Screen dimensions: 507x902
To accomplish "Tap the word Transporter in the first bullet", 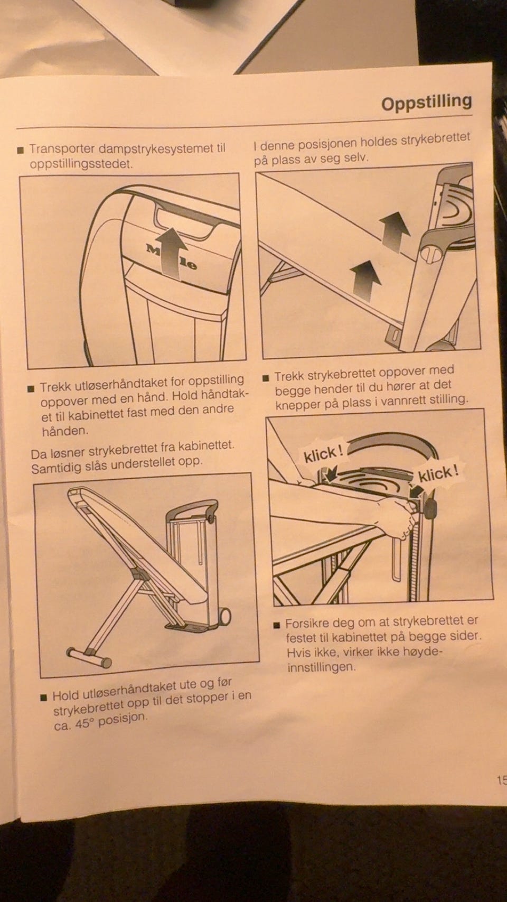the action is pyautogui.click(x=61, y=150).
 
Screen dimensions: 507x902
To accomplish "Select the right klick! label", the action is pyautogui.click(x=438, y=474).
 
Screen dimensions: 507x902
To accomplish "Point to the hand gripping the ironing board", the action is pyautogui.click(x=396, y=518).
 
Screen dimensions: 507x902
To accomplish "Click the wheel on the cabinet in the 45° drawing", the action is pyautogui.click(x=226, y=616).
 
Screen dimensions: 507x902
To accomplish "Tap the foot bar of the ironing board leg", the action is pyautogui.click(x=89, y=657).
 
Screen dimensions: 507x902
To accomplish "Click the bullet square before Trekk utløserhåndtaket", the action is pyautogui.click(x=30, y=389).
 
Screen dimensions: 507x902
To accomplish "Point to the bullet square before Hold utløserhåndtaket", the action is pyautogui.click(x=44, y=696).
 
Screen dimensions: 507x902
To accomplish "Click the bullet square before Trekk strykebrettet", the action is pyautogui.click(x=266, y=378).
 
